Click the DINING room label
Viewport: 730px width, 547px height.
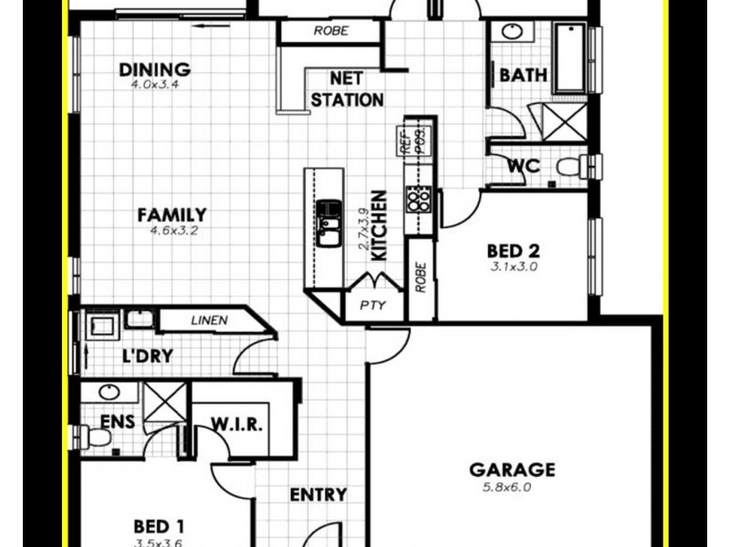(155, 69)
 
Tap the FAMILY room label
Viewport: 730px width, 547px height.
(172, 215)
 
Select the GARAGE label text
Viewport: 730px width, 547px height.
(512, 470)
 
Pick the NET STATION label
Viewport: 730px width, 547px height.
(347, 89)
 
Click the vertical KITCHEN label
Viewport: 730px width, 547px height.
(380, 226)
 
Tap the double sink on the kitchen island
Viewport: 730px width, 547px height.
(328, 224)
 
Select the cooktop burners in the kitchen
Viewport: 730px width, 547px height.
(419, 199)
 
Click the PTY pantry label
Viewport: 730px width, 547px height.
(371, 306)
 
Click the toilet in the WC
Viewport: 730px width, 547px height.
(572, 168)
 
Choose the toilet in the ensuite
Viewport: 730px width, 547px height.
(95, 438)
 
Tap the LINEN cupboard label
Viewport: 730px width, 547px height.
(209, 320)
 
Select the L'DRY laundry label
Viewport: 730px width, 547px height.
(147, 356)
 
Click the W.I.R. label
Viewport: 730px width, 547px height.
(238, 425)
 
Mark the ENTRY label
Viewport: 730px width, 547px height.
(318, 495)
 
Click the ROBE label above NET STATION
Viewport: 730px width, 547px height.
(329, 31)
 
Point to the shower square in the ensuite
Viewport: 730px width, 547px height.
(165, 402)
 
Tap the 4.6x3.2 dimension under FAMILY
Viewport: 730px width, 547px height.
(173, 232)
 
